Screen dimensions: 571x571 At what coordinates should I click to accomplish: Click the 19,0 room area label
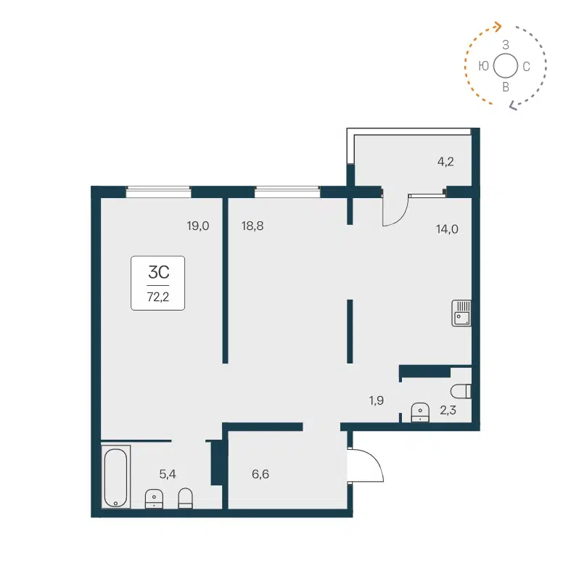(197, 226)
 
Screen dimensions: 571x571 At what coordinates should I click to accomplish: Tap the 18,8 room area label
(252, 226)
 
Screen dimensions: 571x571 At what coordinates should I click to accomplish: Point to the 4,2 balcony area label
(445, 161)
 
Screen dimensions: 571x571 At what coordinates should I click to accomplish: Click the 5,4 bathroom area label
(168, 474)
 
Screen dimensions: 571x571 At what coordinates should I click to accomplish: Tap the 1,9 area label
(376, 400)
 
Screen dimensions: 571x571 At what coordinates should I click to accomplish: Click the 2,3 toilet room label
(448, 411)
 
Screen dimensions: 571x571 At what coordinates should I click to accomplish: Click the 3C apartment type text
(158, 273)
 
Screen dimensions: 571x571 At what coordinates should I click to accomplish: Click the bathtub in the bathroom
(115, 477)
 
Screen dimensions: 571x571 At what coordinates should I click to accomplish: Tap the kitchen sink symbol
(462, 313)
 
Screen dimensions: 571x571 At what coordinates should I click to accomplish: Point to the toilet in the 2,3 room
(465, 391)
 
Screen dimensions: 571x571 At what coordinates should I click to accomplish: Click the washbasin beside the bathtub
(154, 498)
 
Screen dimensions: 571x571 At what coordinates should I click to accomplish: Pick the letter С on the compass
(526, 67)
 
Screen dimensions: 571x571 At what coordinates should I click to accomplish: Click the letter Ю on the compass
(483, 66)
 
